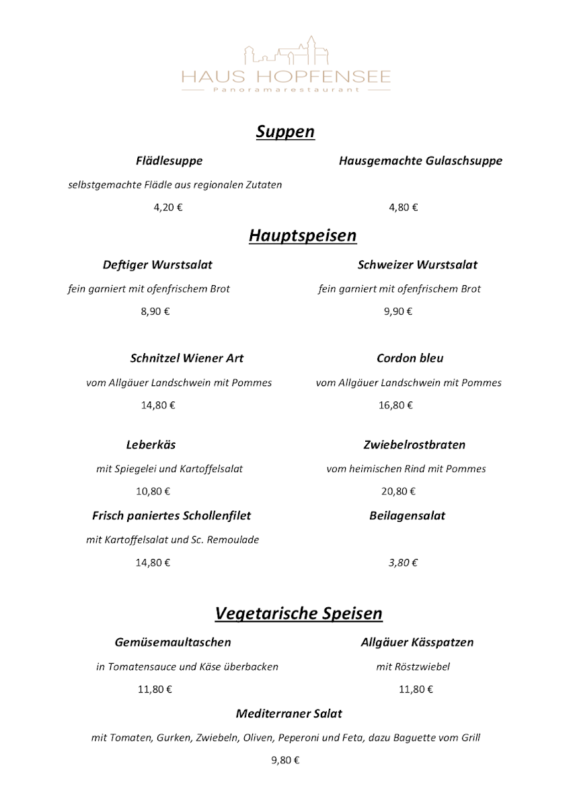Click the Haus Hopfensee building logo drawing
tap(285, 50)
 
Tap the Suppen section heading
tap(285, 131)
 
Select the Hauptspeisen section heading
tap(302, 235)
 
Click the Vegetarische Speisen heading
tap(299, 613)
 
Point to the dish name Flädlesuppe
tap(169, 161)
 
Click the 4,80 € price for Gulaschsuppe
tap(403, 207)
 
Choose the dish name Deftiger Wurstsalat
tap(157, 264)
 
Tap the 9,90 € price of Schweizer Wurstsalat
tap(398, 311)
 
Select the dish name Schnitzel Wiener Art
tap(187, 358)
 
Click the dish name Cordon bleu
tap(410, 358)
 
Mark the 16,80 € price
tap(395, 405)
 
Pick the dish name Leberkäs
tap(151, 445)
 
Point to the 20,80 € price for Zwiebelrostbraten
tap(398, 491)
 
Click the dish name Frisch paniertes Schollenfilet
tap(172, 516)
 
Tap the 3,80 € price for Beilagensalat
tap(403, 563)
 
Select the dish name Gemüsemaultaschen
tap(173, 642)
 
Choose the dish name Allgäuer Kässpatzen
tap(417, 642)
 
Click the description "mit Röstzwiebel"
tap(413, 667)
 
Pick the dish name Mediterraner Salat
tap(289, 714)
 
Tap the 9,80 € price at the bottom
tap(285, 761)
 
